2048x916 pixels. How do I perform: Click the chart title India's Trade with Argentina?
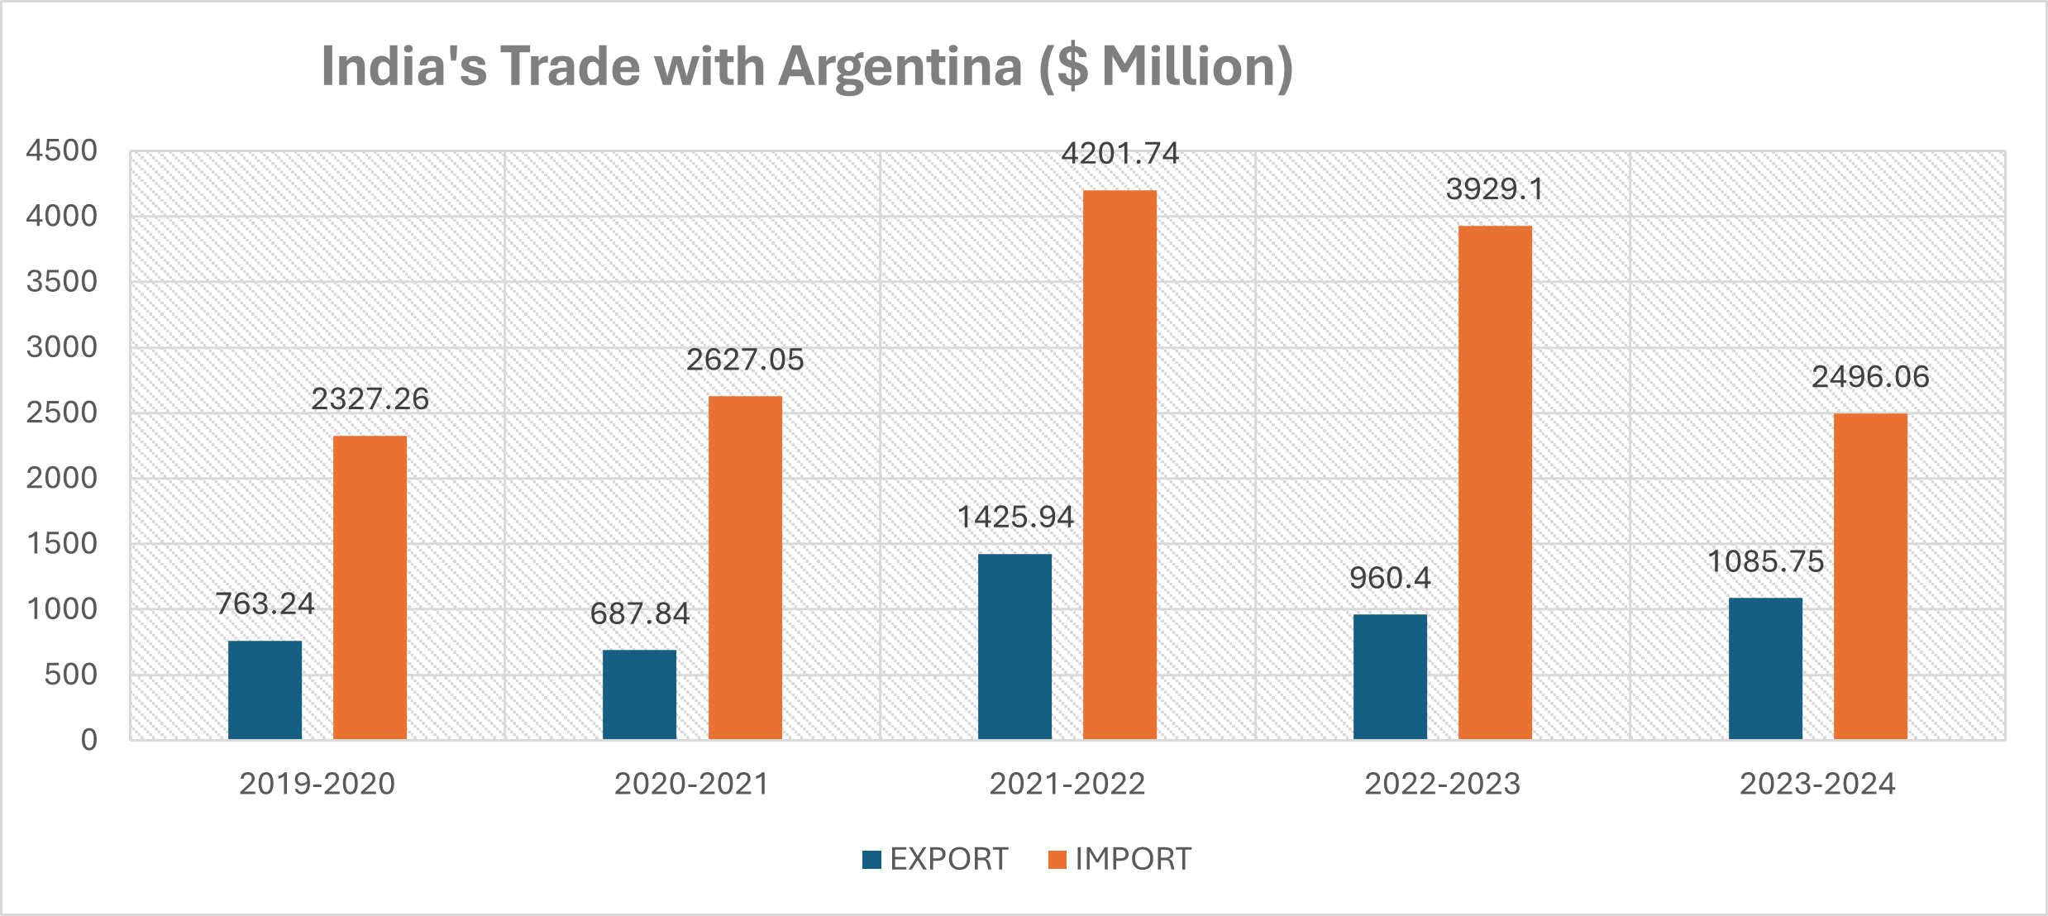click(x=806, y=66)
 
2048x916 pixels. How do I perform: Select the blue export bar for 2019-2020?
click(x=265, y=689)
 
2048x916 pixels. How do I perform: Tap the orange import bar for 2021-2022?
click(x=1119, y=465)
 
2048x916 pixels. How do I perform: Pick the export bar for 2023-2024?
click(x=1765, y=668)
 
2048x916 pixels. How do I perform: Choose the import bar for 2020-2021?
click(x=745, y=567)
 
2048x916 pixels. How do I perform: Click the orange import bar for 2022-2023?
click(x=1495, y=482)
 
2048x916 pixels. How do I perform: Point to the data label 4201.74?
click(x=1119, y=154)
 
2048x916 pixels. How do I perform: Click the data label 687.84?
click(x=639, y=614)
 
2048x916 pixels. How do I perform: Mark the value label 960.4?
click(x=1390, y=578)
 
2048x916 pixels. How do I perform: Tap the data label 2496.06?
click(x=1870, y=377)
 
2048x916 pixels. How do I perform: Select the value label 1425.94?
click(x=1014, y=518)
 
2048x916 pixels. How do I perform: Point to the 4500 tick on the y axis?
click(x=62, y=150)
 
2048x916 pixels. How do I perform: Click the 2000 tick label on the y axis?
click(x=62, y=478)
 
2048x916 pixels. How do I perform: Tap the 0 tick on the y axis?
click(x=89, y=739)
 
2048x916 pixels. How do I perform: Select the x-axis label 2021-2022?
click(x=1067, y=784)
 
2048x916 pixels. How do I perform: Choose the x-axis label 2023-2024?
click(x=1817, y=784)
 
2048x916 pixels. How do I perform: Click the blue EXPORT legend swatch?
click(x=871, y=860)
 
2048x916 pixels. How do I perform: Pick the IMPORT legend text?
click(x=1133, y=860)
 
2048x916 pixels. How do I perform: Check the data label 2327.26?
click(x=370, y=399)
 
